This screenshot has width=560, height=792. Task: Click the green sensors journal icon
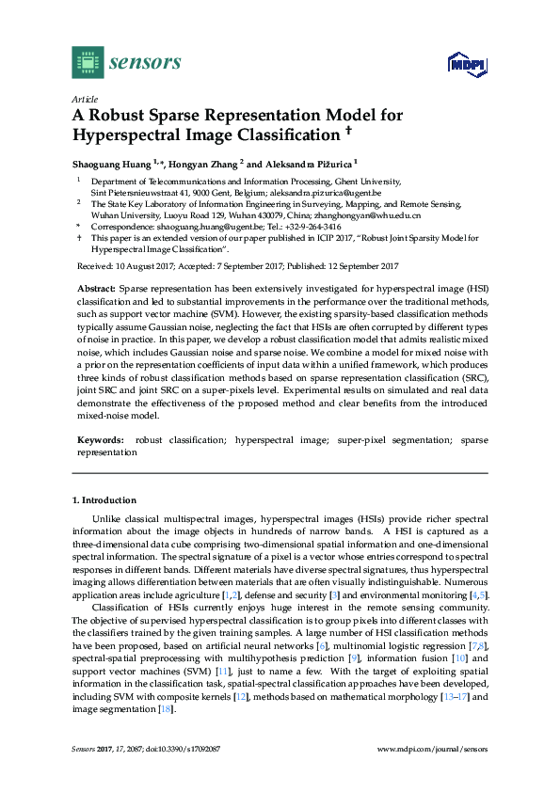coord(88,62)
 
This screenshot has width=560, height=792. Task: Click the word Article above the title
coord(85,99)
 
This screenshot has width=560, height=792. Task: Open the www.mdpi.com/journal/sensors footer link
coord(432,749)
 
